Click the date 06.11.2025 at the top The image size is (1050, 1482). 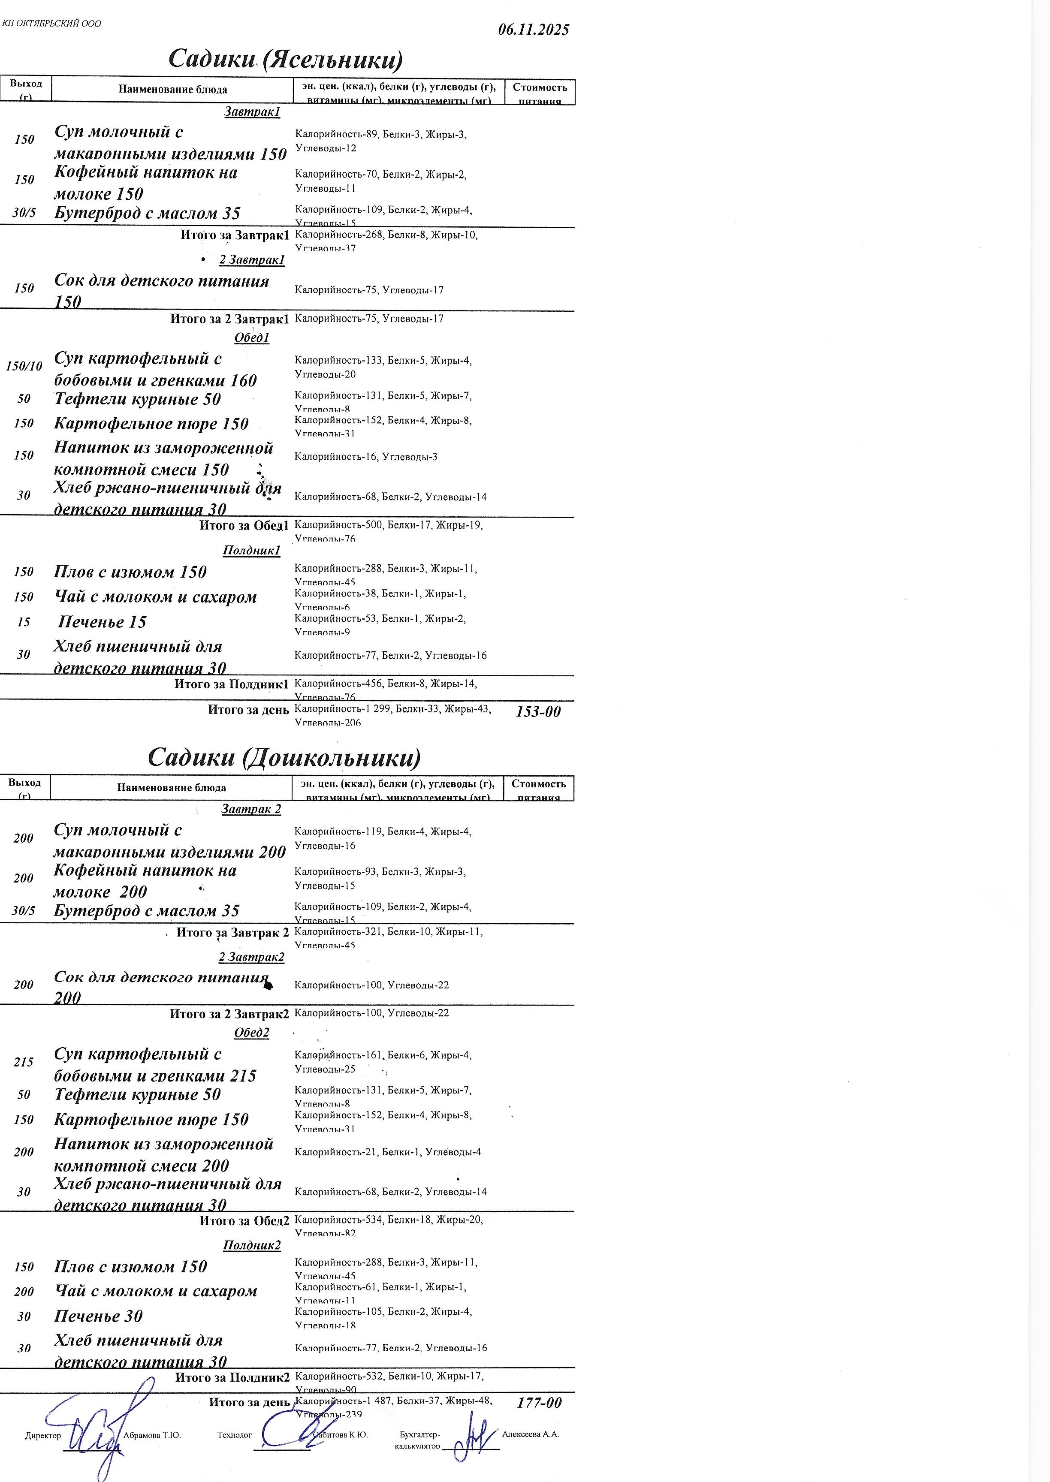click(534, 30)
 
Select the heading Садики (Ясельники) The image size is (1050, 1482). click(285, 60)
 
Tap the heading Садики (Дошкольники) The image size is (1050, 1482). click(284, 757)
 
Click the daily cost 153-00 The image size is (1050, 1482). click(538, 711)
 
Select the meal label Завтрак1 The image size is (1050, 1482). click(252, 112)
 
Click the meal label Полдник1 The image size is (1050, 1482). click(251, 551)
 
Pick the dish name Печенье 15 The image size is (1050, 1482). click(102, 622)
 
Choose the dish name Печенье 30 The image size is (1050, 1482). click(98, 1316)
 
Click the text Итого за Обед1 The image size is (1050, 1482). click(244, 525)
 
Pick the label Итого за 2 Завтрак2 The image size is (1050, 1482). click(229, 1013)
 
